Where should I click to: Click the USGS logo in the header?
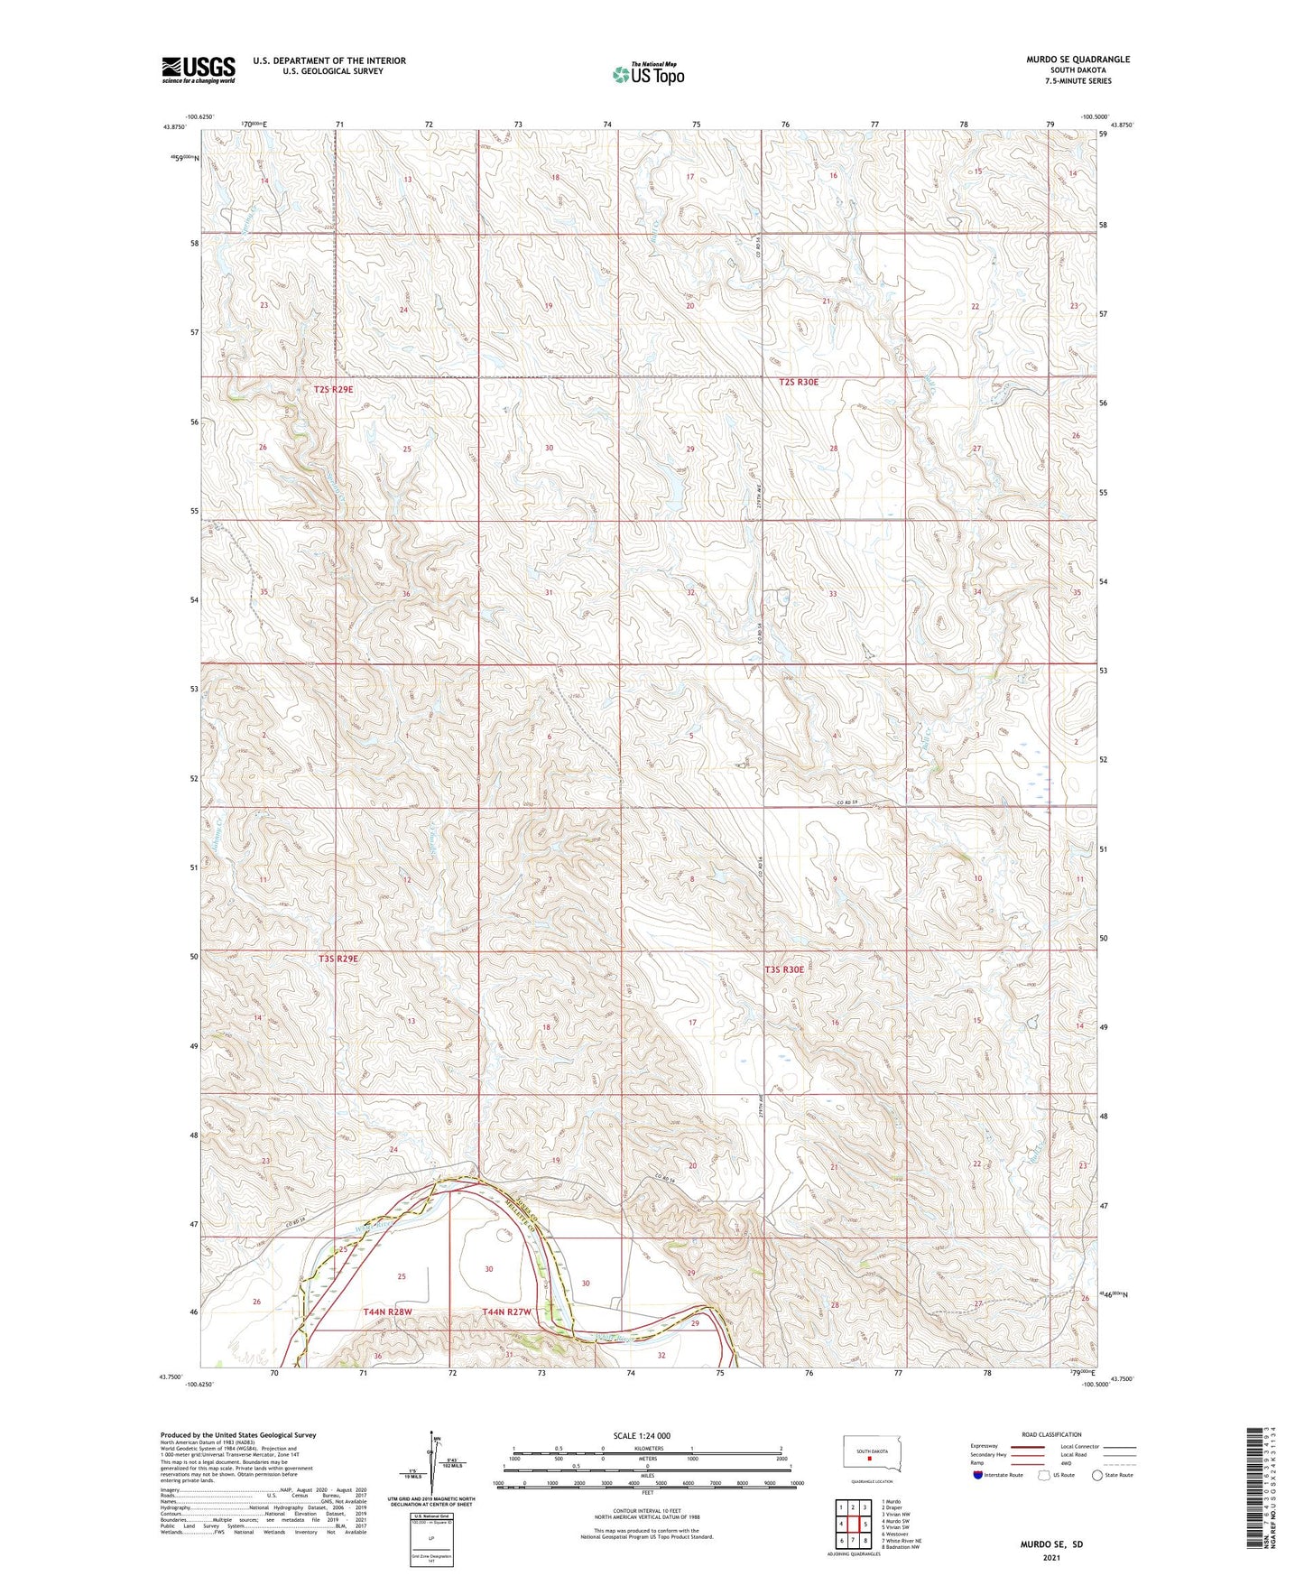click(199, 70)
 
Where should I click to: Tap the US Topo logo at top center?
click(648, 74)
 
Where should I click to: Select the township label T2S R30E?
click(799, 382)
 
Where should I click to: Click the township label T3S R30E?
click(783, 969)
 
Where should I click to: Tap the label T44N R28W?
click(388, 1312)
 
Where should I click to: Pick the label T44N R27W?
click(507, 1312)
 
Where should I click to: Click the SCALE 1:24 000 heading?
click(642, 1435)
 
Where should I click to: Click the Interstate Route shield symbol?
click(977, 1475)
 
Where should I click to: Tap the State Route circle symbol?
click(1097, 1475)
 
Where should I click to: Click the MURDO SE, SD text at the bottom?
click(1051, 1544)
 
